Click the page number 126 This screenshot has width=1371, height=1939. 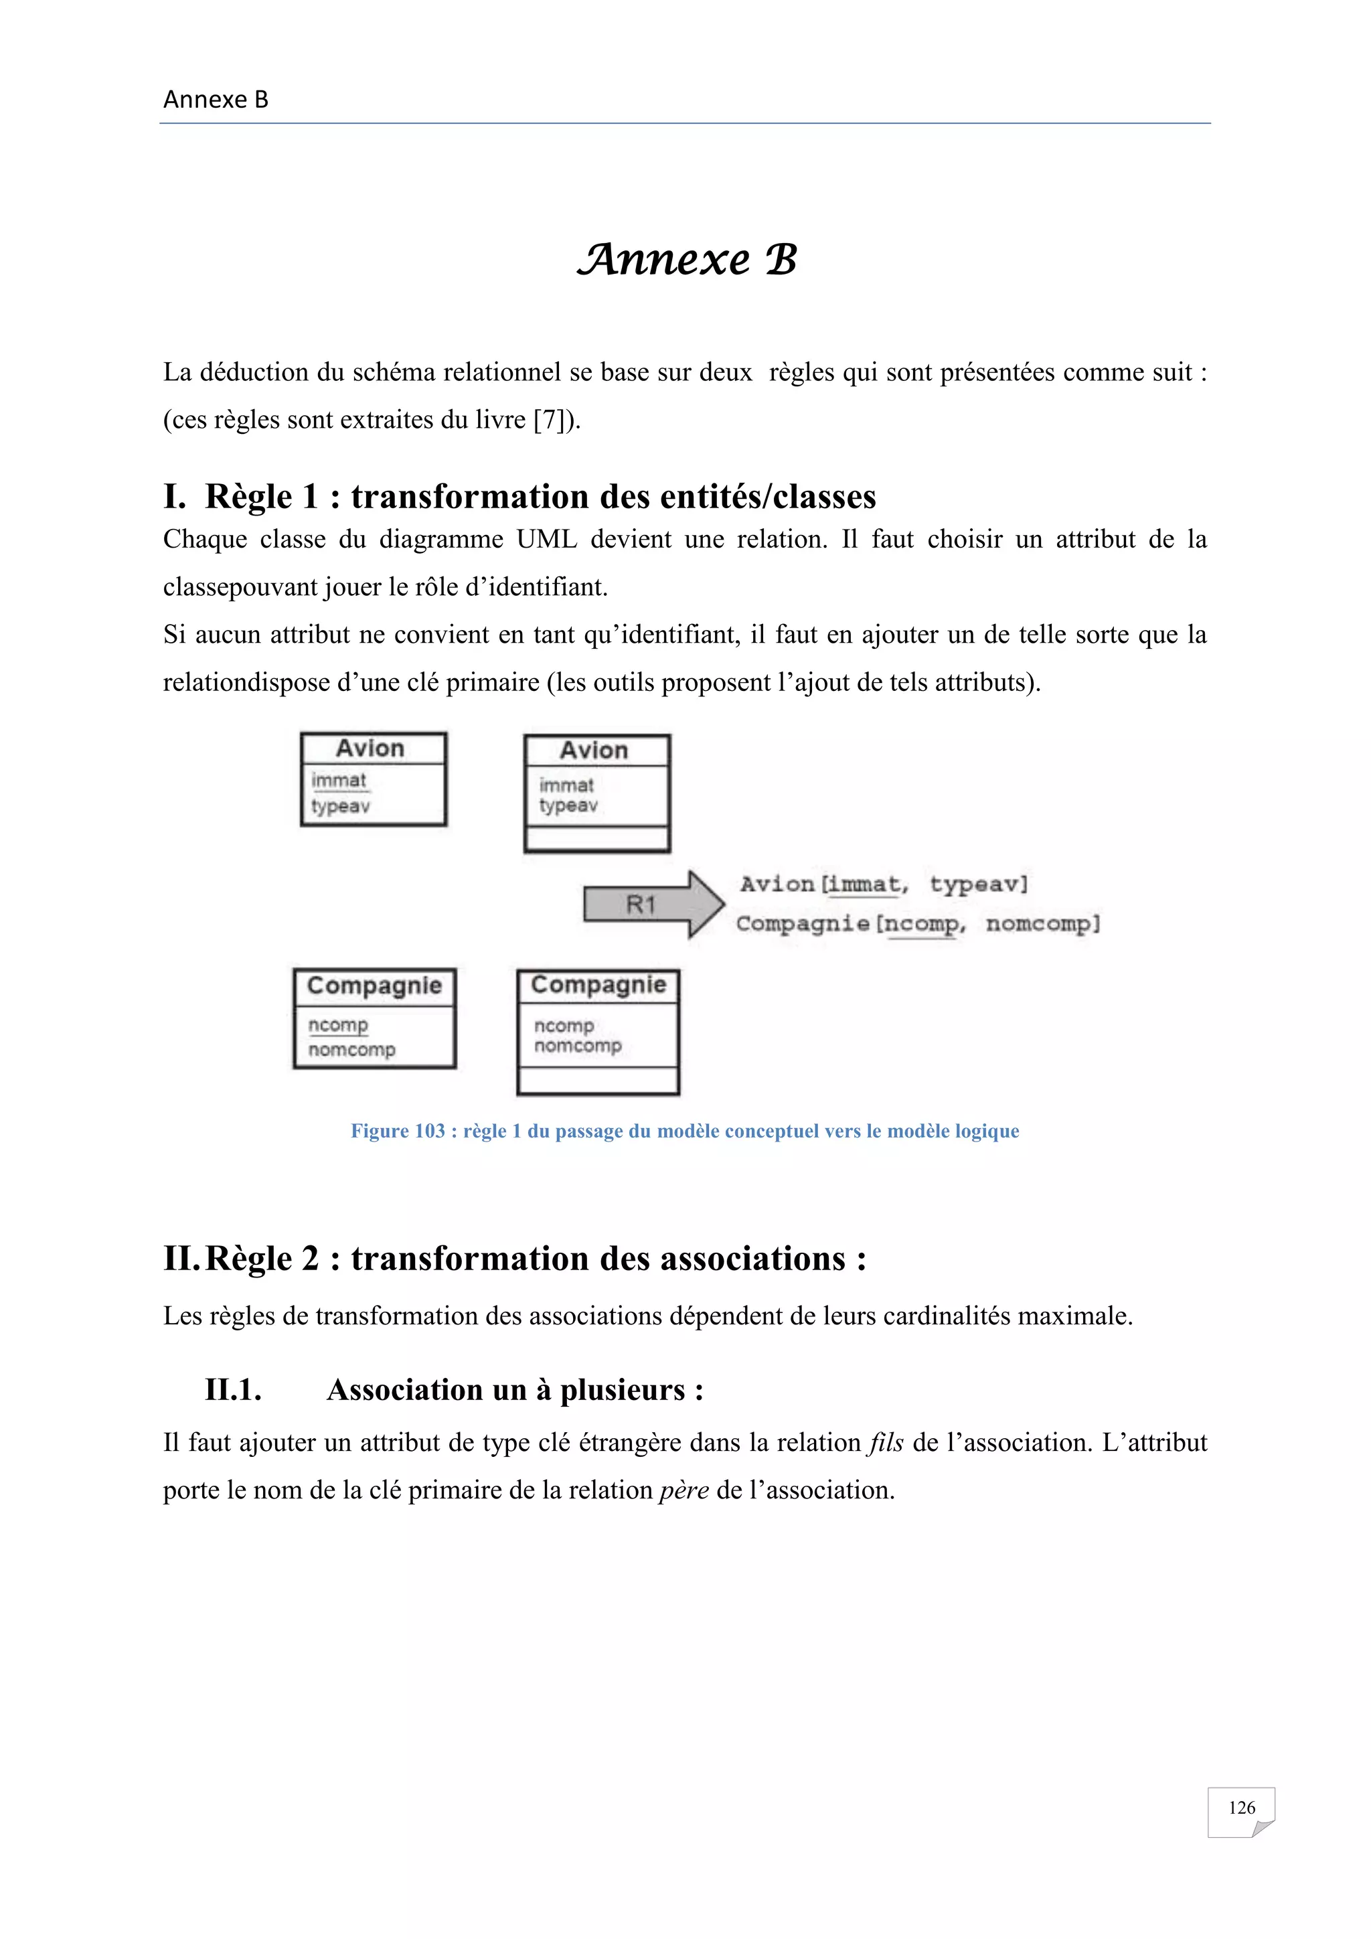(x=1241, y=1807)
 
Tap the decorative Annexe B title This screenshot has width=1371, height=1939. (x=686, y=259)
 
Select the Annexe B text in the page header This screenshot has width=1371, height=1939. (x=216, y=100)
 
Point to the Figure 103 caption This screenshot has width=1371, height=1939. (x=685, y=1131)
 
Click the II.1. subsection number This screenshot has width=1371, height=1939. (x=233, y=1389)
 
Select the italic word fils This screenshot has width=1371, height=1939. (x=886, y=1442)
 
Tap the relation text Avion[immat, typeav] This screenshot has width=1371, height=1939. (x=884, y=884)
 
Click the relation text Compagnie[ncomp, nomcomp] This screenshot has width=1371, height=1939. (x=918, y=923)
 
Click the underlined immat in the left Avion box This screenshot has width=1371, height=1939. (x=339, y=780)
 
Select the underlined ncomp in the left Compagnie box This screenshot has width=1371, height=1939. (x=337, y=1024)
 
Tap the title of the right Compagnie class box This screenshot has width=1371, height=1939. (x=598, y=985)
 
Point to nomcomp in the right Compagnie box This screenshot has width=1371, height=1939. (x=578, y=1046)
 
